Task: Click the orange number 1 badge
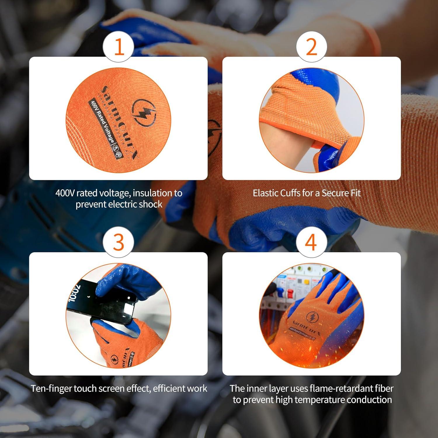(119, 47)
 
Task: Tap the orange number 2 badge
(312, 47)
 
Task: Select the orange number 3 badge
(119, 242)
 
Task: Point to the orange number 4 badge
(311, 242)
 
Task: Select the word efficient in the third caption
(171, 388)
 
